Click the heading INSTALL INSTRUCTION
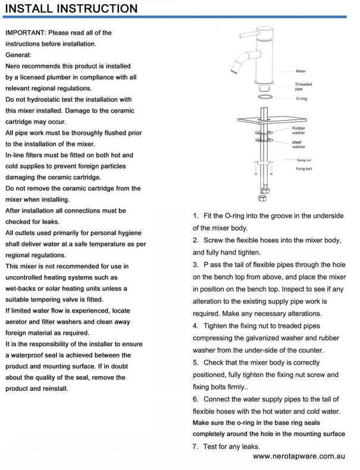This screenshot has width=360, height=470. tap(71, 8)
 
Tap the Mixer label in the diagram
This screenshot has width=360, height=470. tap(300, 71)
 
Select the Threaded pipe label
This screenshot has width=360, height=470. tap(303, 86)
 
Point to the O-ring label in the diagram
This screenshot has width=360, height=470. tap(301, 98)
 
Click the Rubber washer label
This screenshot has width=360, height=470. tap(299, 130)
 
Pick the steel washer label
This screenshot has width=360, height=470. tap(298, 144)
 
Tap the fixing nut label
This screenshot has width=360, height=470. tap(303, 160)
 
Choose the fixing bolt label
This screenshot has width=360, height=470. tap(304, 169)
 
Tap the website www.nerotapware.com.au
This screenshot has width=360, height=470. tap(299, 456)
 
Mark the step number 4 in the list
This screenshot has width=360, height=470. tap(196, 326)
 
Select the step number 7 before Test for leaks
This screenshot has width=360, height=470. tap(196, 446)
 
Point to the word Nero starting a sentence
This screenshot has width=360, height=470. tap(15, 66)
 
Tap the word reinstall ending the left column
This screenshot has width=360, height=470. tap(52, 388)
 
